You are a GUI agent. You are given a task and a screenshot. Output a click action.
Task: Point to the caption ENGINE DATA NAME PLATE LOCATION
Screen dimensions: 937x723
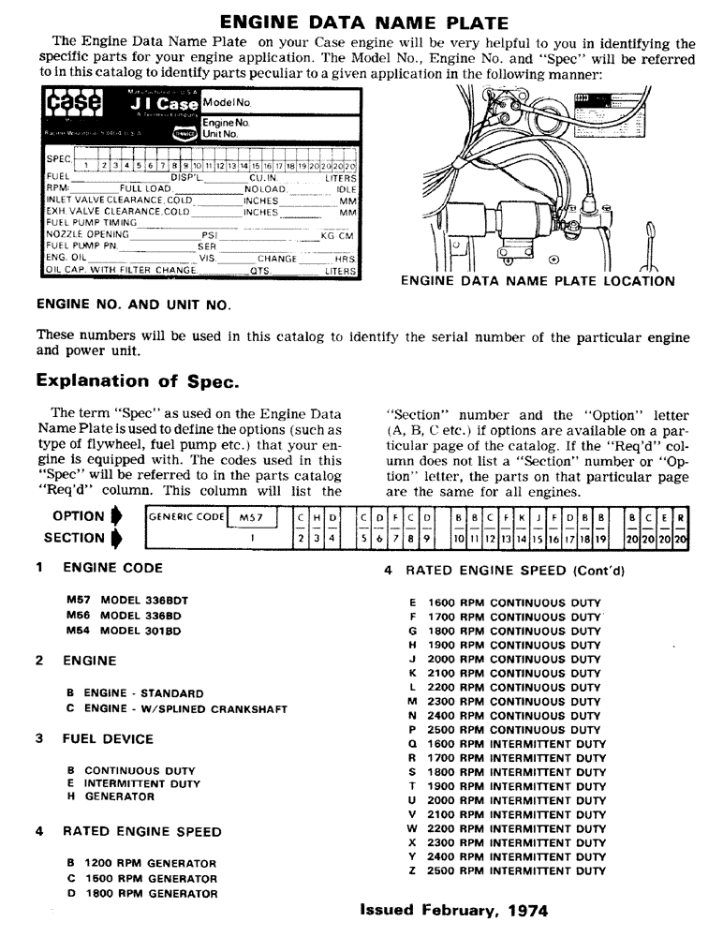pos(537,280)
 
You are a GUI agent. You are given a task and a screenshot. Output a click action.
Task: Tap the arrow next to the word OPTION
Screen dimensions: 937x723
pos(116,516)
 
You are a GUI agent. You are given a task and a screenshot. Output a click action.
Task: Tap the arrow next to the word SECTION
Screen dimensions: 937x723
pos(116,538)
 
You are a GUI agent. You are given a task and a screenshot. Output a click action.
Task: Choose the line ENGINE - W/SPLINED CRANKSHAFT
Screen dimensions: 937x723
pos(176,708)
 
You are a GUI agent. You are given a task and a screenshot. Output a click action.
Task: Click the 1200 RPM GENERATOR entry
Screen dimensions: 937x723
pos(141,863)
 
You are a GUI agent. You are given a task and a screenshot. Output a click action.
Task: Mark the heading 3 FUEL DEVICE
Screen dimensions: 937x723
pos(95,739)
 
